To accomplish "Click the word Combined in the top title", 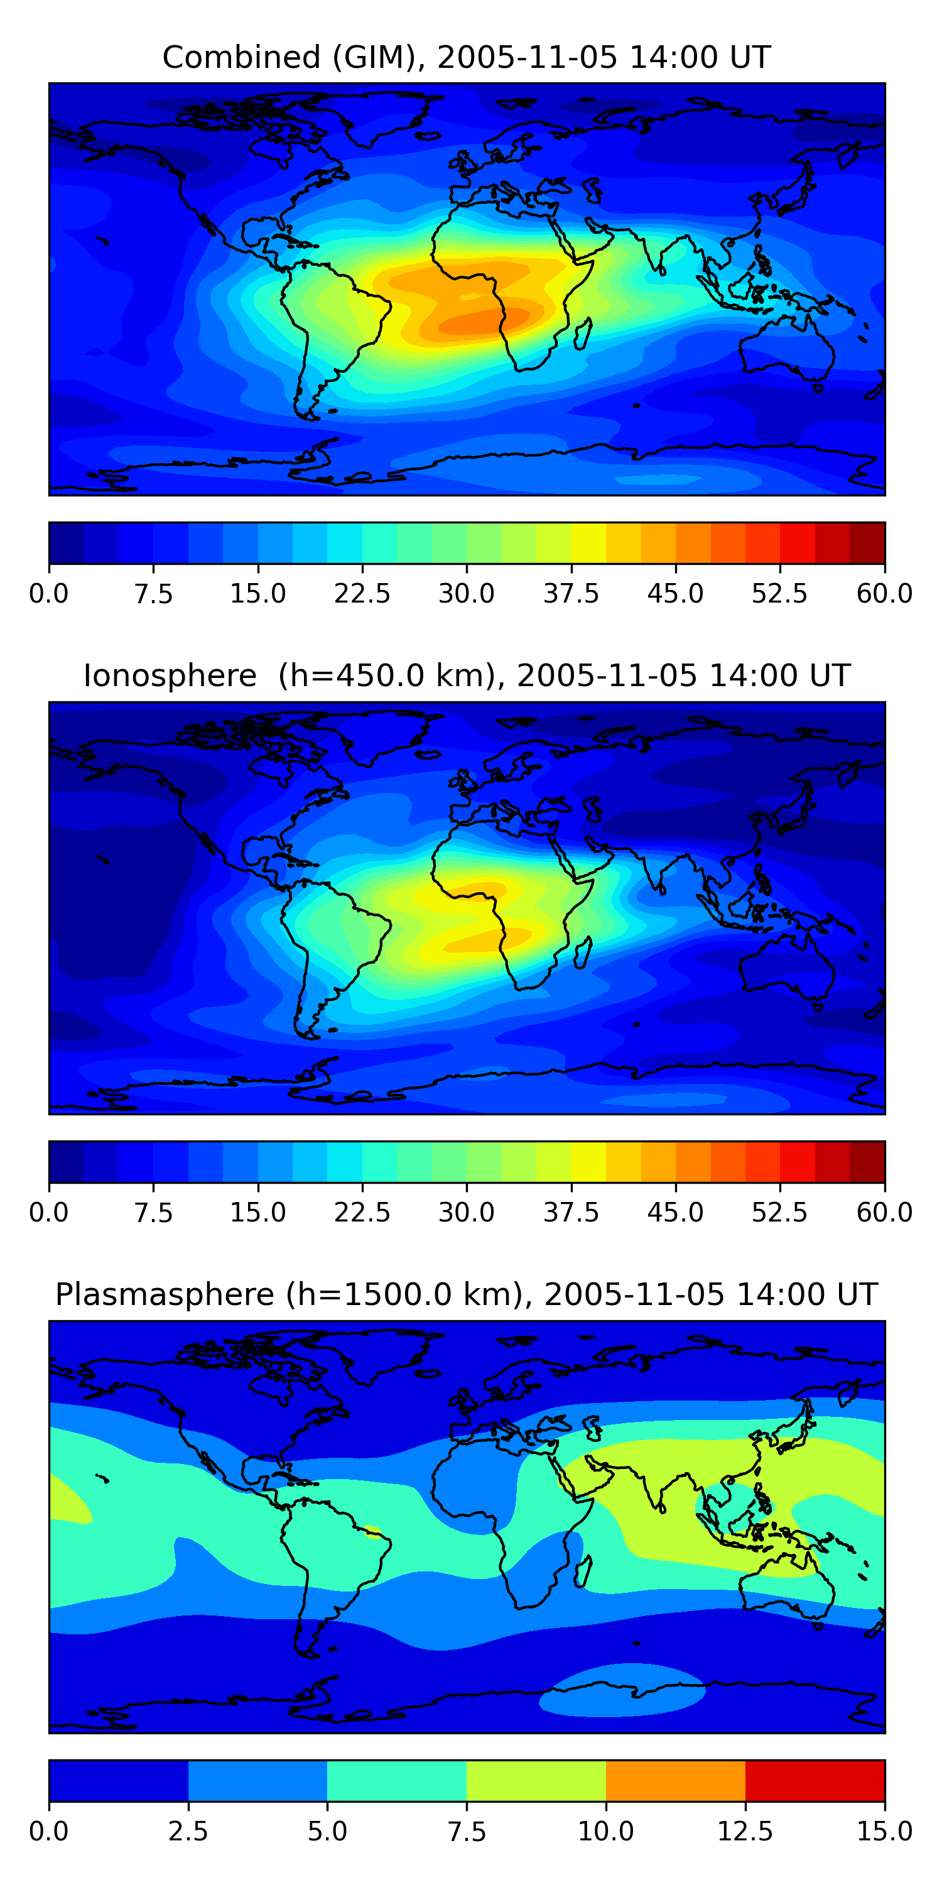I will (241, 57).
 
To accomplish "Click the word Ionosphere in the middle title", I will (170, 675).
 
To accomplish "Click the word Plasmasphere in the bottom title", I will (165, 1294).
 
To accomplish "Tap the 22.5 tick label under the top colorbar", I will (362, 593).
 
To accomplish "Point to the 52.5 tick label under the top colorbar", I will (779, 593).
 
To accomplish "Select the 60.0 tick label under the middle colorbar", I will (884, 1213).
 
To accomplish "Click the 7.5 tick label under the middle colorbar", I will (154, 1213).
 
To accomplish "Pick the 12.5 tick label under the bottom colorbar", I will (745, 1832).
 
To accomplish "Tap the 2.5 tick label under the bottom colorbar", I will (188, 1832).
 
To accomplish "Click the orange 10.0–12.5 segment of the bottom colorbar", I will (675, 1780).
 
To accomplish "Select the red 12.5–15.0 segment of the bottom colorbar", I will (815, 1780).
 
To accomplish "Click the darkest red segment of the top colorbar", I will (867, 542).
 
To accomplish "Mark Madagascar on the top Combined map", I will (583, 334).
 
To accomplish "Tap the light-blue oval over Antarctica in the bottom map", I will (622, 1690).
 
